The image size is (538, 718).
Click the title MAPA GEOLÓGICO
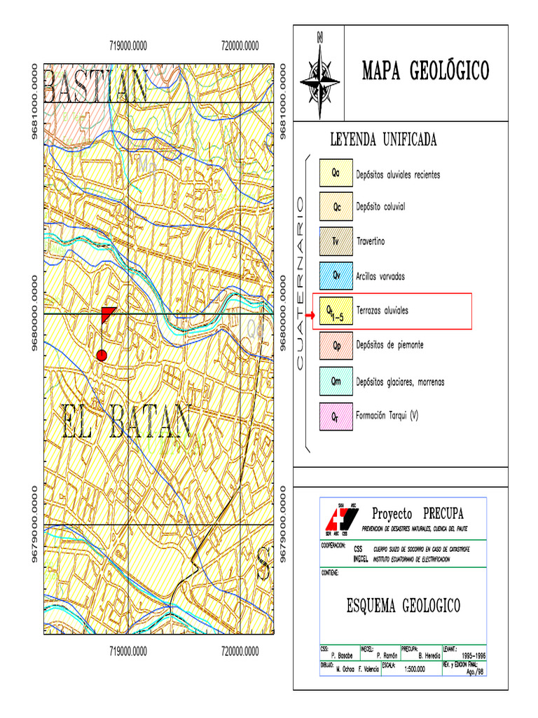click(x=425, y=71)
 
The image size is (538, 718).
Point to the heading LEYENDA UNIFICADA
click(x=383, y=140)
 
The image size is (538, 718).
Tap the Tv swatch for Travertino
click(x=336, y=241)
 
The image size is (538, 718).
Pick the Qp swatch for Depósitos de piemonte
click(x=336, y=346)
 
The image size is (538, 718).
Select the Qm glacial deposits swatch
click(x=336, y=381)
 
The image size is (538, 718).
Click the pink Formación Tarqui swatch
click(x=336, y=416)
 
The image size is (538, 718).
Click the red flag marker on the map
click(x=108, y=313)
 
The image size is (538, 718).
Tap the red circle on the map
click(x=102, y=355)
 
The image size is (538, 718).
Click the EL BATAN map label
click(x=127, y=421)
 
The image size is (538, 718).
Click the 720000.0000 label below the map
click(x=240, y=651)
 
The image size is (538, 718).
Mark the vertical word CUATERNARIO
click(x=301, y=283)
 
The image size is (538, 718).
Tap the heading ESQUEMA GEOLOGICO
click(x=403, y=605)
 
